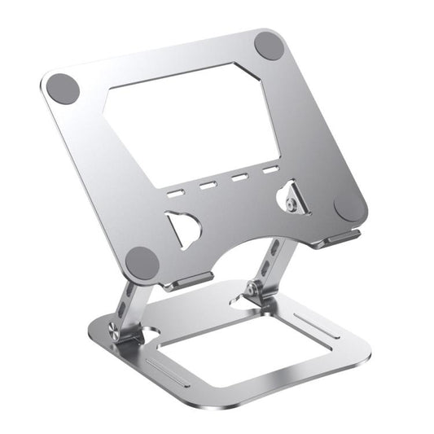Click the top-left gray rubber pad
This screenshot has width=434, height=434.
(x=64, y=89)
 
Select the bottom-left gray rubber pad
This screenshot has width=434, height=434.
(x=144, y=262)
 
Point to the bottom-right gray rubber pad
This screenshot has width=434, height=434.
(x=350, y=206)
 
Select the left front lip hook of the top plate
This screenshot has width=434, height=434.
(x=189, y=281)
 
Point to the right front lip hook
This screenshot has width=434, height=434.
(x=342, y=237)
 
